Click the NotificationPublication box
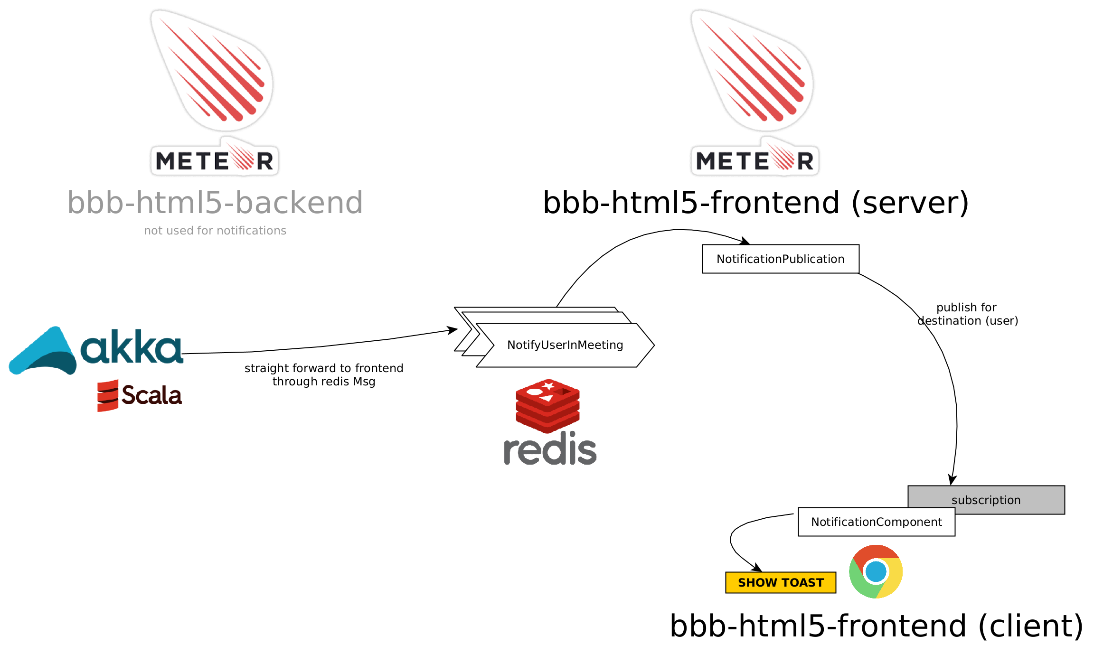(781, 259)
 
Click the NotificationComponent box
(877, 522)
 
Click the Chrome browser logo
(876, 571)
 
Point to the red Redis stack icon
(548, 406)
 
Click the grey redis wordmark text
(550, 449)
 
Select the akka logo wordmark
(132, 346)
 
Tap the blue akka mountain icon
(43, 351)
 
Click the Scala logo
(140, 395)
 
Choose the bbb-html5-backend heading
(215, 203)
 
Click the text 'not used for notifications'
(215, 231)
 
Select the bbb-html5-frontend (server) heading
(756, 203)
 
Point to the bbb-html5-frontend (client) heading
(877, 626)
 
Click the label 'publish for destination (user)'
(967, 314)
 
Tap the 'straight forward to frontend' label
(324, 368)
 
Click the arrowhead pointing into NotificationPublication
(745, 241)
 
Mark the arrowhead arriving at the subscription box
(952, 480)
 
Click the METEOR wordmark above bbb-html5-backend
(215, 160)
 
